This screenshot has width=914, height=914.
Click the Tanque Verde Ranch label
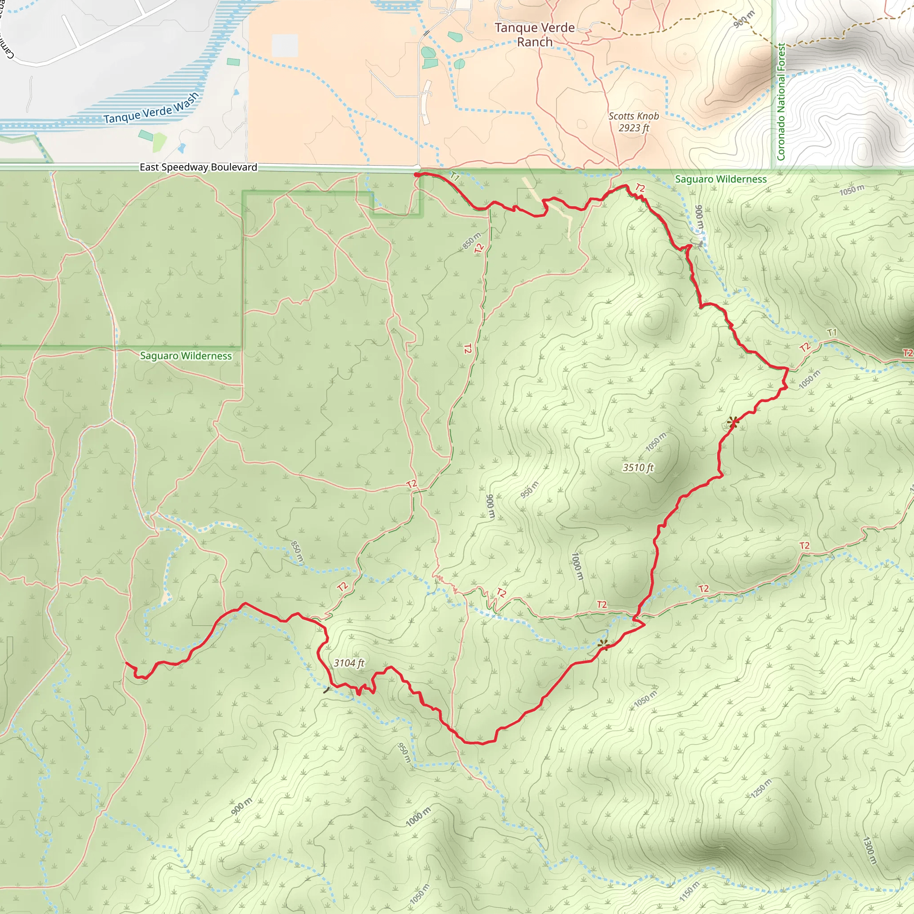(x=535, y=34)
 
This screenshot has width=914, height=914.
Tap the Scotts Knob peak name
(x=633, y=116)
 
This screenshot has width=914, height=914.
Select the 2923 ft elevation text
(x=633, y=128)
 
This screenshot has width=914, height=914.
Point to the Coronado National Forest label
(x=781, y=102)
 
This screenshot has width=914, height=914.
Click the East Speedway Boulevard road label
(x=198, y=167)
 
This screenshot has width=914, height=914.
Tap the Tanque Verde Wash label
(x=151, y=108)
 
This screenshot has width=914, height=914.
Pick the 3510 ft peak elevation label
(x=638, y=467)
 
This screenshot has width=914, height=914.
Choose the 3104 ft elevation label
(x=349, y=663)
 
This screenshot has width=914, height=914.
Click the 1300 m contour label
(x=869, y=851)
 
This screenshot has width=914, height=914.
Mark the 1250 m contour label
(x=761, y=788)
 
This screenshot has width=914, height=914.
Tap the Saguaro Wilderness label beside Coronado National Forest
(x=720, y=179)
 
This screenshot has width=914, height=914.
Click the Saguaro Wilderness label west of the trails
(x=186, y=356)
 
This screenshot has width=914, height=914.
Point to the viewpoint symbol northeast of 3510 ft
(x=733, y=422)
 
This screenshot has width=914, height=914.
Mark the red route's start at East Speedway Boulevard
(x=416, y=174)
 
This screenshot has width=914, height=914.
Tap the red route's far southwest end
(x=126, y=663)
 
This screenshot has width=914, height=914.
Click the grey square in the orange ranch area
(x=285, y=46)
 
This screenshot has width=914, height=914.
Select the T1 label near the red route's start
(x=455, y=177)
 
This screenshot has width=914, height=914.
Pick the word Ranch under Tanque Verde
(x=535, y=42)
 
